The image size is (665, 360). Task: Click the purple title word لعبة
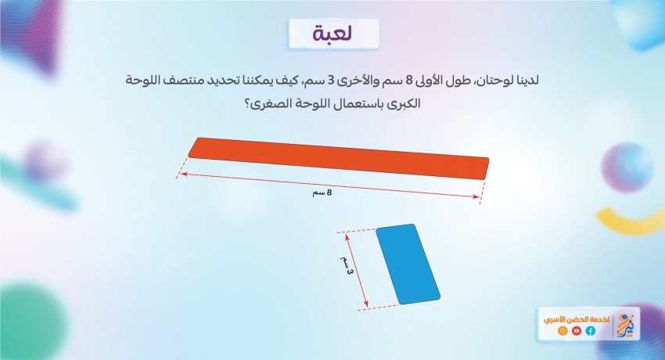click(x=333, y=34)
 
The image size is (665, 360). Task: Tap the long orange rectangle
click(x=339, y=158)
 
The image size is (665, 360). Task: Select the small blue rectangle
click(x=408, y=265)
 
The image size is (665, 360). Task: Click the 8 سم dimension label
click(x=322, y=193)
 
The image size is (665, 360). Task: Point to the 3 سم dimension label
click(x=346, y=265)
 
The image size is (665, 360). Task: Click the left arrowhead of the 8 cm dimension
click(x=182, y=173)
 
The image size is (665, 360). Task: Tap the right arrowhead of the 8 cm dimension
click(x=477, y=196)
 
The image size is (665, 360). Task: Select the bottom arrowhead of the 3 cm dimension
click(x=366, y=304)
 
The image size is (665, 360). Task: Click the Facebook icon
click(x=591, y=331)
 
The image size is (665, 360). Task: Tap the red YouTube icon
click(x=577, y=331)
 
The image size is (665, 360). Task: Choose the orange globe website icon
click(x=563, y=331)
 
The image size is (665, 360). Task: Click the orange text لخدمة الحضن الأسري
click(x=577, y=319)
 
